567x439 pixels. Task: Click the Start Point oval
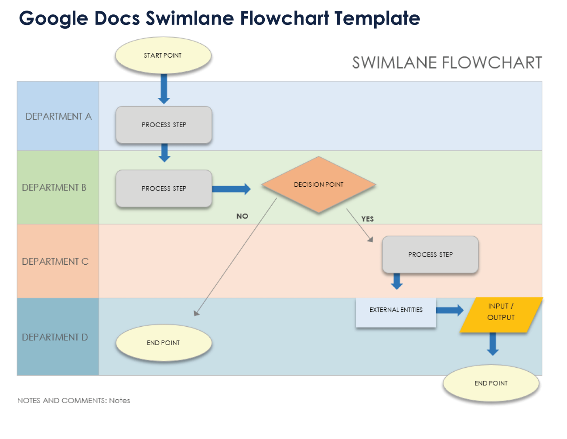coord(163,55)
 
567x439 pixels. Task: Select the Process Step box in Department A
coord(164,125)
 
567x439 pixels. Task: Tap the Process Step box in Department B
coord(164,188)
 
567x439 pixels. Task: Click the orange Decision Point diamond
coord(318,185)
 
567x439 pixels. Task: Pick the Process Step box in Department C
coord(430,255)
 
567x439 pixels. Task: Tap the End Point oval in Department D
coord(164,343)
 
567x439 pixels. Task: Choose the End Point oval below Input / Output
coord(491,383)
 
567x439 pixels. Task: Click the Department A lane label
coord(58,116)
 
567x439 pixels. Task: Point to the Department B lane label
coord(54,187)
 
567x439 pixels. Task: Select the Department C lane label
coord(55,261)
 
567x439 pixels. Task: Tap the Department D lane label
coord(55,337)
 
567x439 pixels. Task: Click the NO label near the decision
coord(242,216)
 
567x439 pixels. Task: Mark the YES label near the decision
coord(367,219)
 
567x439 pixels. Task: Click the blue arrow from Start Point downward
coord(164,89)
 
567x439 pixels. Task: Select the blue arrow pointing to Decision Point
coord(231,189)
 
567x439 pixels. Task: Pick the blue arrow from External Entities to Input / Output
coord(450,310)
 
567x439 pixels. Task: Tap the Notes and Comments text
coord(74,401)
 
